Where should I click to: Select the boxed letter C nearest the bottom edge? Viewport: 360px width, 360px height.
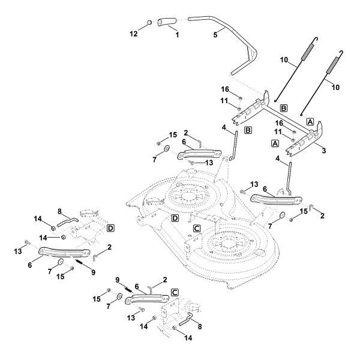[175, 292]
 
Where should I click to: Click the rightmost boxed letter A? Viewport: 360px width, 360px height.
[310, 121]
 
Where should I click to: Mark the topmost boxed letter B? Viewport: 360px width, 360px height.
[284, 108]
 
